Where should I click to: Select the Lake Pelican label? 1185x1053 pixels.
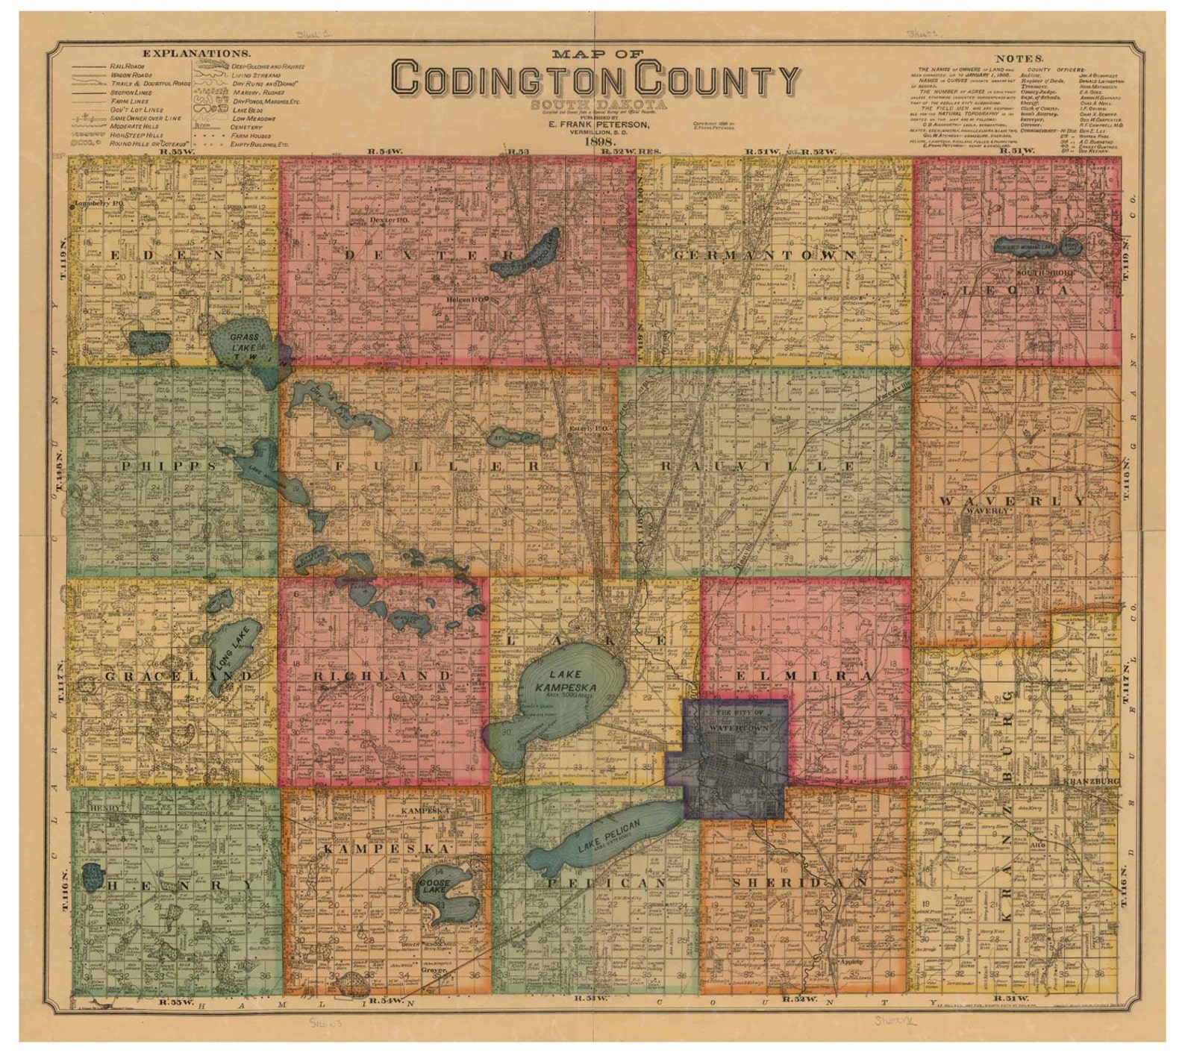pyautogui.click(x=608, y=840)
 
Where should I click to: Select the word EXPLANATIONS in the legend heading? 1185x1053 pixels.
pyautogui.click(x=196, y=54)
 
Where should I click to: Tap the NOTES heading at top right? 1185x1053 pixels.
pyautogui.click(x=1019, y=57)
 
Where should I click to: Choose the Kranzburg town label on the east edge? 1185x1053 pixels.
pyautogui.click(x=1091, y=781)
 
